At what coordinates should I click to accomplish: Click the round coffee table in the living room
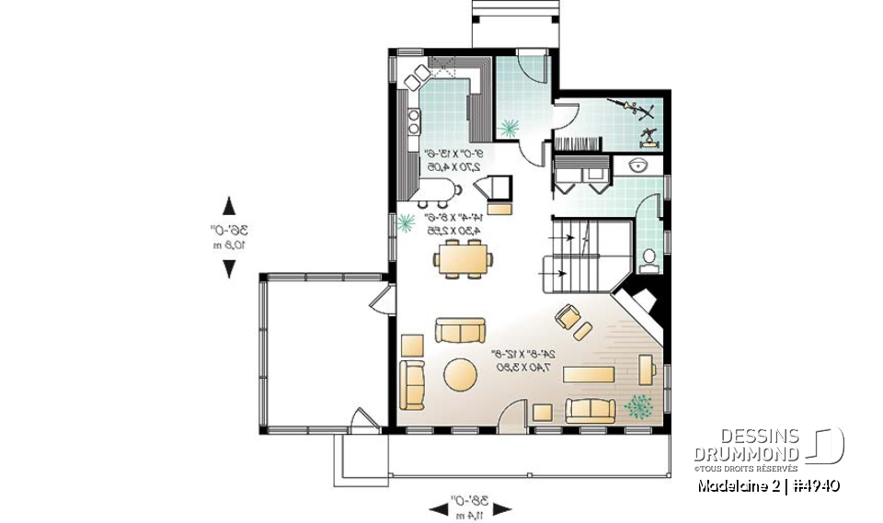(460, 375)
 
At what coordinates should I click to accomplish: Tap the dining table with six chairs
(464, 259)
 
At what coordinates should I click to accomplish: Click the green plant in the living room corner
(636, 404)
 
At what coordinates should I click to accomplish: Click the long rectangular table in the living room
(588, 374)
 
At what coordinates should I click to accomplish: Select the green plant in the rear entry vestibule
(507, 127)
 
